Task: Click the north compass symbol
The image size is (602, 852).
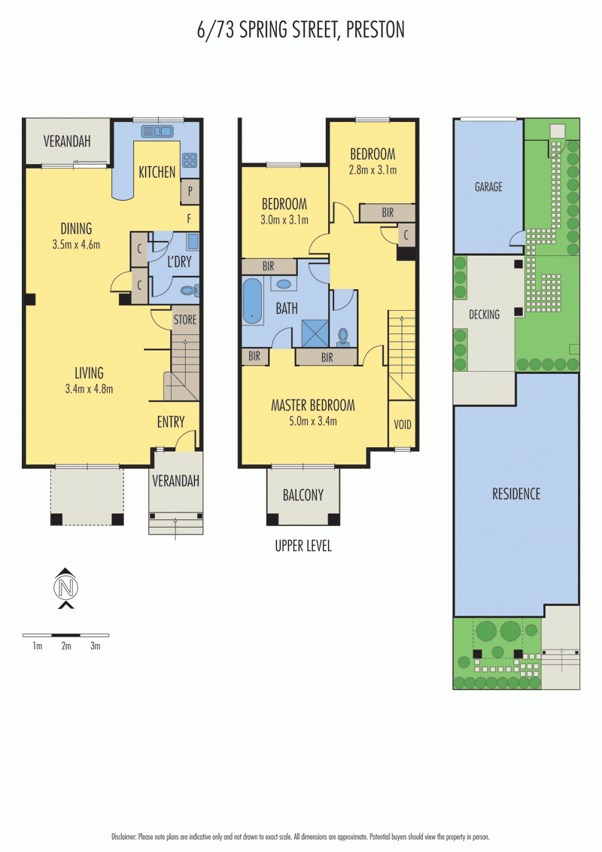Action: pyautogui.click(x=66, y=587)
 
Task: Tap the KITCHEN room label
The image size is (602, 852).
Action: pyautogui.click(x=157, y=172)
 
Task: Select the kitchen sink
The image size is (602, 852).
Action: pyautogui.click(x=157, y=131)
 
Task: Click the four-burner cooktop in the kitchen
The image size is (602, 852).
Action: pyautogui.click(x=190, y=160)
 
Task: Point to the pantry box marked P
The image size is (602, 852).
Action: pyautogui.click(x=190, y=191)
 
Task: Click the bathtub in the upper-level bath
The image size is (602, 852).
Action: pyautogui.click(x=252, y=302)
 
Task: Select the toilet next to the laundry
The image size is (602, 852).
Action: pyautogui.click(x=189, y=291)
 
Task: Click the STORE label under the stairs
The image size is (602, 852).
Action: pyautogui.click(x=184, y=319)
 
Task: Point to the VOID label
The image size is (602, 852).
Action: pyautogui.click(x=403, y=424)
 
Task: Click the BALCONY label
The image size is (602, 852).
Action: pyautogui.click(x=303, y=495)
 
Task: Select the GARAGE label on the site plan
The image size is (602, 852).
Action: pyautogui.click(x=488, y=187)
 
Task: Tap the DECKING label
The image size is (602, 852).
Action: pyautogui.click(x=484, y=315)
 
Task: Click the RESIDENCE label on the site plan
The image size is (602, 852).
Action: pyautogui.click(x=516, y=494)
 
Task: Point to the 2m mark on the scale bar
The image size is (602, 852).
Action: pyautogui.click(x=66, y=646)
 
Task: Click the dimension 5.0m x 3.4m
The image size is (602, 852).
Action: pyautogui.click(x=313, y=421)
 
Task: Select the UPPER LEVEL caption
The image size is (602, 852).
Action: pyautogui.click(x=303, y=546)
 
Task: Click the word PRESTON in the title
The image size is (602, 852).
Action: pyautogui.click(x=375, y=30)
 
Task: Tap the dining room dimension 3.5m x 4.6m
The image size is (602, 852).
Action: pyautogui.click(x=76, y=245)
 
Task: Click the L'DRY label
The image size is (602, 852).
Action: pyautogui.click(x=179, y=262)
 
